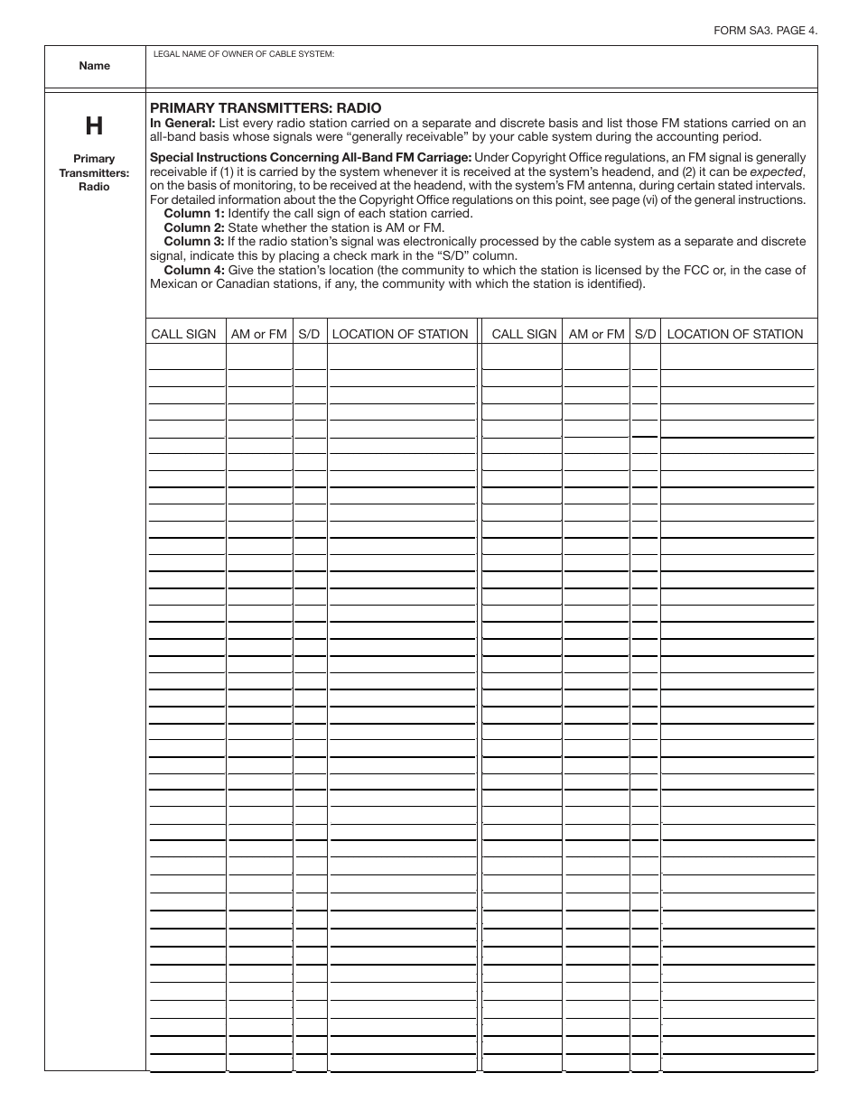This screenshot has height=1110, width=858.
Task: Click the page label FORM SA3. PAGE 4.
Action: (766, 30)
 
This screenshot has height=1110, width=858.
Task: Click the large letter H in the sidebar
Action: (94, 125)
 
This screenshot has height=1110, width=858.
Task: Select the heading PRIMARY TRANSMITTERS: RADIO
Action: (266, 107)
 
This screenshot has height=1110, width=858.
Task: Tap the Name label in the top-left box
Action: (95, 66)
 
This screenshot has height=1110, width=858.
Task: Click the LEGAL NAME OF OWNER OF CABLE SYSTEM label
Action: (244, 54)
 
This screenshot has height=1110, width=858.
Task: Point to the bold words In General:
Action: (182, 123)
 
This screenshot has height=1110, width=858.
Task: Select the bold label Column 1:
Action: (193, 213)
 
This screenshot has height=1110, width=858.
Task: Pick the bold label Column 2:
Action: (193, 227)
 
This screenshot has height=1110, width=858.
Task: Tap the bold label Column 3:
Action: (193, 242)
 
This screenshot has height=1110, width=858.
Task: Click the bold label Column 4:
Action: (193, 270)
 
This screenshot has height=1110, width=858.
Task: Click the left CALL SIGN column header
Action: (183, 334)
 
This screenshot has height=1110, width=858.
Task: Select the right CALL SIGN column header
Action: (524, 334)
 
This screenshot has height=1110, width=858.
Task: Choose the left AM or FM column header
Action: (259, 334)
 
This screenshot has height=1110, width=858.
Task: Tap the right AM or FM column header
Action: (596, 334)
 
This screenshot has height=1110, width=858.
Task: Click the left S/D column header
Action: (309, 334)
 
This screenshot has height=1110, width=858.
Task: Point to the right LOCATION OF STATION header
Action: (734, 334)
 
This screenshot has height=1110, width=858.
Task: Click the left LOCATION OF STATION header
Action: (400, 334)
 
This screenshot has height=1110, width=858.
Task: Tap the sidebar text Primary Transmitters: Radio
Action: (95, 172)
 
